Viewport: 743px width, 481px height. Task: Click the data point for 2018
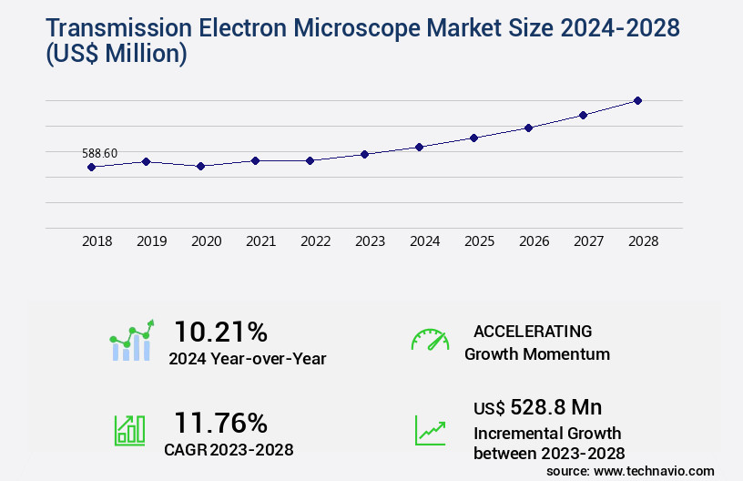coord(91,167)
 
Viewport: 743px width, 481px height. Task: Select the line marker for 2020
coord(200,166)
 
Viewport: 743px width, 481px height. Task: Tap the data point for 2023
coord(364,154)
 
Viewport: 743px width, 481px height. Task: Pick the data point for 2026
coord(528,128)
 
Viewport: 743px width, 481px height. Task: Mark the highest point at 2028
coord(637,100)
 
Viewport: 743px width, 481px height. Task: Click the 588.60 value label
coord(99,153)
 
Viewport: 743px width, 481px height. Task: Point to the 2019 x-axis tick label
coord(151,241)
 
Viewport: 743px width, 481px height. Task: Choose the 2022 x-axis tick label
coord(315,241)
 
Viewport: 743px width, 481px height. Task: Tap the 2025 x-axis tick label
coord(479,241)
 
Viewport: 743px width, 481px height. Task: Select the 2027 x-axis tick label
coord(588,241)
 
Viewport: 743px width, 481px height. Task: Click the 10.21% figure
coord(221,331)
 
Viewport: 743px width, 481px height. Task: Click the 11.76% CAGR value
coord(221,423)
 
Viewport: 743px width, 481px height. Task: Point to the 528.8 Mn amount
coord(555,407)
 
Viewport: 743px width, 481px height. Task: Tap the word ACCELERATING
coord(533,331)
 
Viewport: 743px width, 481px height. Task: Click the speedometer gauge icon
coord(430,340)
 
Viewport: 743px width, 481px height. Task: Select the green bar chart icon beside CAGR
coord(129,428)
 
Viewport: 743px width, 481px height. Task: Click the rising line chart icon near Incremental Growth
coord(430,430)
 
